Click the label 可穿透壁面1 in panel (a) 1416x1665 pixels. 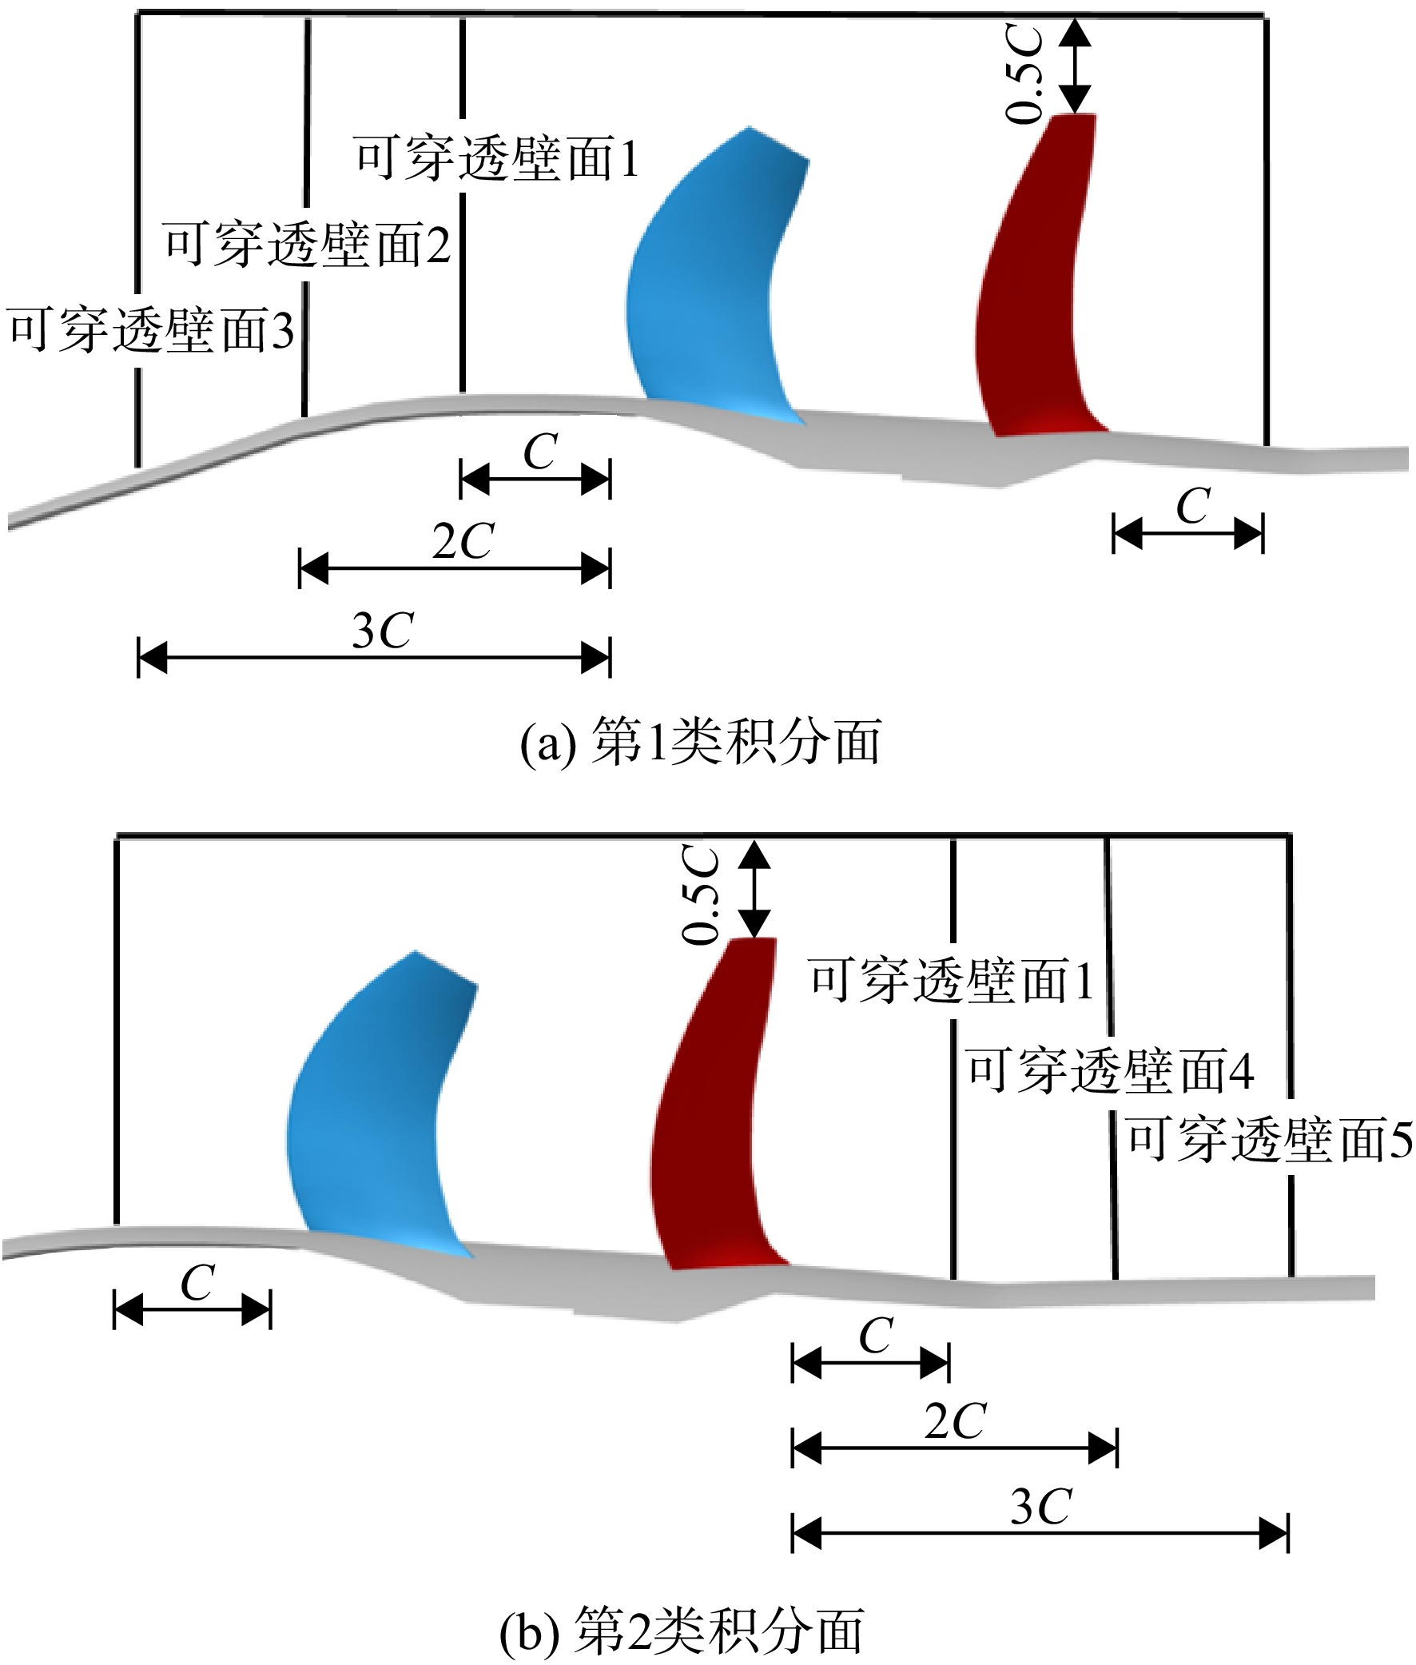[497, 158]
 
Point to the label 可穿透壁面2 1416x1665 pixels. [307, 244]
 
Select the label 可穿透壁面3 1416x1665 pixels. [152, 330]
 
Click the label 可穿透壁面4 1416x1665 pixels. [1110, 1070]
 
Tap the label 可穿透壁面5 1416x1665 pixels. [1270, 1140]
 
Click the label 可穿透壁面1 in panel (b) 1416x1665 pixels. [951, 980]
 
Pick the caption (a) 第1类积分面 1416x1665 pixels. [701, 742]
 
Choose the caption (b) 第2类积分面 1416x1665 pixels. [682, 1631]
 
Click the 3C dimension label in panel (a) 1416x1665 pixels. [382, 631]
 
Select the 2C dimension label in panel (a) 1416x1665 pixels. [463, 542]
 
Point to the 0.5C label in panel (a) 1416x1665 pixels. [1025, 74]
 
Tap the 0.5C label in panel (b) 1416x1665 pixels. [700, 894]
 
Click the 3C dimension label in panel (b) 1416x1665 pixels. [1040, 1508]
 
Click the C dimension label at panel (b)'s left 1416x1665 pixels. [197, 1283]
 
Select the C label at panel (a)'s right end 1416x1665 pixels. [1194, 507]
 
